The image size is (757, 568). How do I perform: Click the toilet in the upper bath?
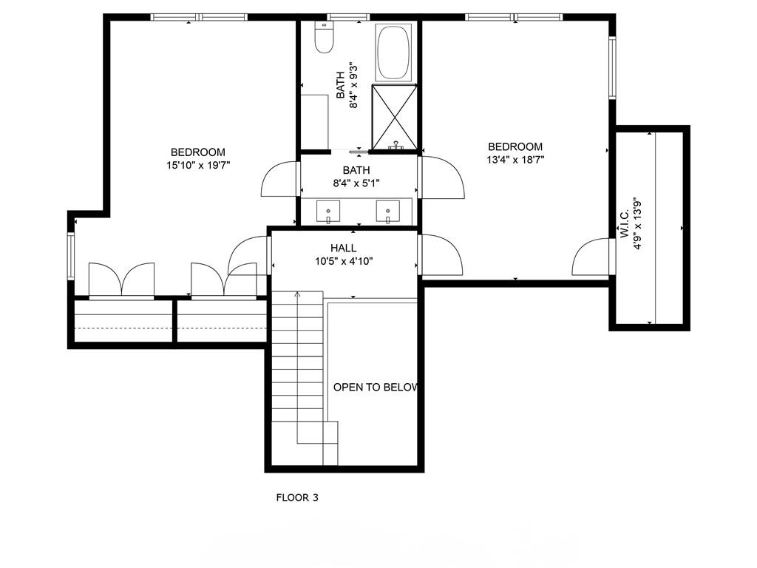coord(324,38)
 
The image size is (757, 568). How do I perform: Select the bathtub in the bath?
coord(394,53)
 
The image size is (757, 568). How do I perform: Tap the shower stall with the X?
coord(394,117)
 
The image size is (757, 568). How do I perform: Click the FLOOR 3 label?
coord(297,498)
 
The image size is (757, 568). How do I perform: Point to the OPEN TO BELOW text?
coord(376,388)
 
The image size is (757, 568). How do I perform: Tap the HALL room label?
coord(343,248)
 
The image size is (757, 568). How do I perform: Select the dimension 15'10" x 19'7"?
coord(198,166)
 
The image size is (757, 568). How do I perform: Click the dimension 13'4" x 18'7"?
coord(515,159)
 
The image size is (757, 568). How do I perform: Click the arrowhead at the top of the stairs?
coord(298,294)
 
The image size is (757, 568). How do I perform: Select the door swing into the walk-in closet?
coord(592,258)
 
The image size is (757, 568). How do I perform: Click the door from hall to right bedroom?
coord(441,254)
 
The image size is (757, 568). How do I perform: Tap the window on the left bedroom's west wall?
coord(71,257)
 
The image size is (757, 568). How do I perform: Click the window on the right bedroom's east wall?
coord(612,68)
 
